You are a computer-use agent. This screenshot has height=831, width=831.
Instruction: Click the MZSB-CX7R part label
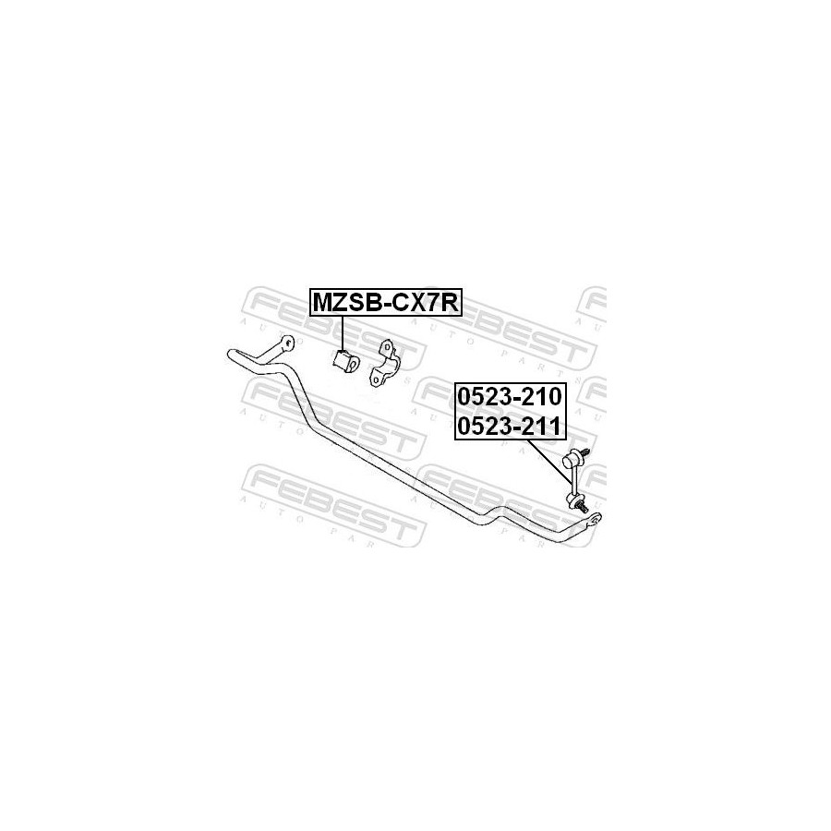pyautogui.click(x=385, y=303)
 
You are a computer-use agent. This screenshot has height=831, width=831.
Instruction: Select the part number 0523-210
pyautogui.click(x=510, y=396)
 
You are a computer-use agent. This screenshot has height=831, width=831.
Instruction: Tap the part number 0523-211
pyautogui.click(x=510, y=426)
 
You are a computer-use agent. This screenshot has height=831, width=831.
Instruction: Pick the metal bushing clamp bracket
pyautogui.click(x=386, y=363)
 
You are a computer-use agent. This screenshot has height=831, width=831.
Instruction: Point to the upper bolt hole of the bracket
pyautogui.click(x=387, y=348)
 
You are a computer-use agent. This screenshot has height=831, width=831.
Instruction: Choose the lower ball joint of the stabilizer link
pyautogui.click(x=573, y=499)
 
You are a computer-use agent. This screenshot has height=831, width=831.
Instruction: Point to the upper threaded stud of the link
pyautogui.click(x=586, y=453)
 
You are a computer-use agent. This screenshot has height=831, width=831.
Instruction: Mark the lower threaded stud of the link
pyautogui.click(x=584, y=508)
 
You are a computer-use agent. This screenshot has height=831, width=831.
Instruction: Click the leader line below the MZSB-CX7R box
pyautogui.click(x=343, y=332)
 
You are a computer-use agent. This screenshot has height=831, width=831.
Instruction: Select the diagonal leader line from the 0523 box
pyautogui.click(x=550, y=461)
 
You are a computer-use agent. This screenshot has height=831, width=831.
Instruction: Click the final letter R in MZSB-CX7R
pyautogui.click(x=450, y=303)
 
